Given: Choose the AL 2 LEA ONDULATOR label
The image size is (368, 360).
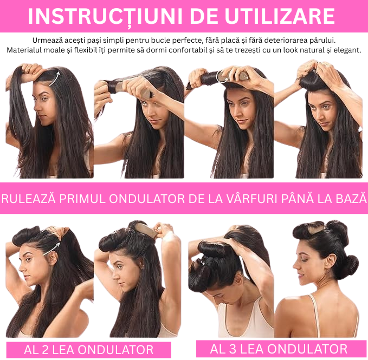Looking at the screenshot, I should pyautogui.click(x=88, y=349).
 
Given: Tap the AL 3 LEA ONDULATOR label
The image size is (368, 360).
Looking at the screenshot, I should pyautogui.click(x=279, y=349).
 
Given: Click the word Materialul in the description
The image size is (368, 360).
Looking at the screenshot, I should pyautogui.click(x=27, y=50).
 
